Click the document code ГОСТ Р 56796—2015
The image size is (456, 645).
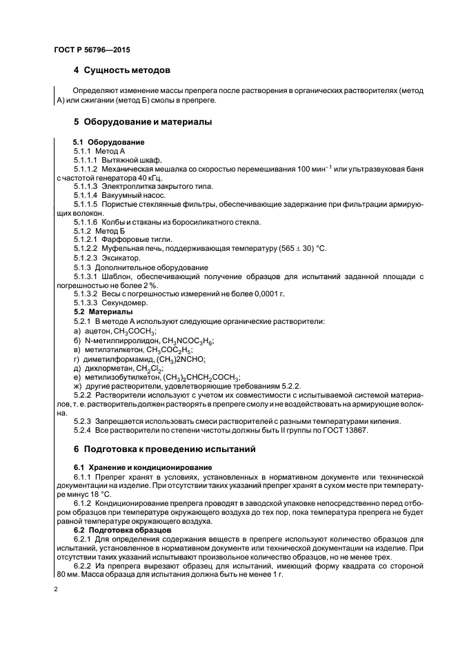(91, 50)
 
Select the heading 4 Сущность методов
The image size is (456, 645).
(122, 70)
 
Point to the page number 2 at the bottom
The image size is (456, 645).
(56, 590)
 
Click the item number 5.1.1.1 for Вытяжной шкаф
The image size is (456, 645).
(86, 159)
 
